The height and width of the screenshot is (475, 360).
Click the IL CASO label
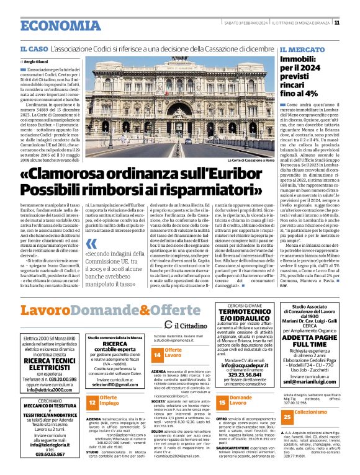tap(33, 48)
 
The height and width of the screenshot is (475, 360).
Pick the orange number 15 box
tap(222, 402)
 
